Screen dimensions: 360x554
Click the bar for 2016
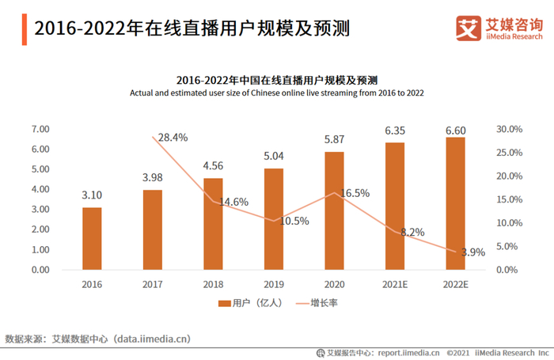(92, 238)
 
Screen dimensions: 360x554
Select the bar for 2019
(274, 219)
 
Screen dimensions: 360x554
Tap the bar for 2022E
(455, 203)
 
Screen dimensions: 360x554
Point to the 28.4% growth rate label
(173, 138)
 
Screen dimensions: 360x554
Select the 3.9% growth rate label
(472, 252)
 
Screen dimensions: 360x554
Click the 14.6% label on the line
(234, 202)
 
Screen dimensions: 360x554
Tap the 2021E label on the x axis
(394, 283)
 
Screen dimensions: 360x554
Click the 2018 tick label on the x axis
(213, 283)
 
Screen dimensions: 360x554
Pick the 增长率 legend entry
(314, 303)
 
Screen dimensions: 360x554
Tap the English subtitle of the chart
(277, 93)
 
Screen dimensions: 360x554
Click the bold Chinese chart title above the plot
(277, 80)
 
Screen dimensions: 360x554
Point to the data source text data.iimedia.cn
(151, 339)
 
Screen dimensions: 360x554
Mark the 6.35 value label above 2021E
(394, 129)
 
